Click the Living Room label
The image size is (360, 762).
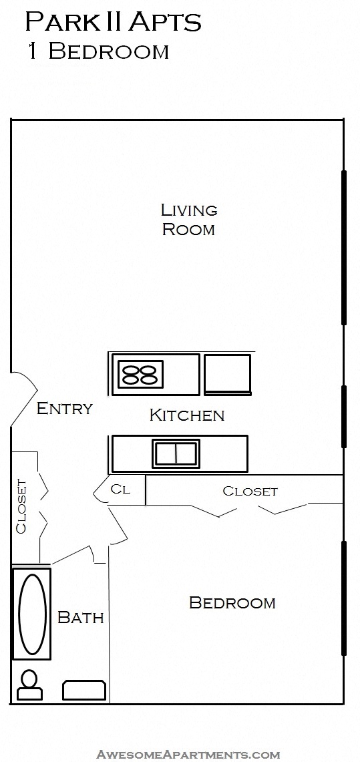coord(189,220)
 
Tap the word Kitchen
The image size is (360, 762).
coord(186,415)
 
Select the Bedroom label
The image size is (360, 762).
coord(232,602)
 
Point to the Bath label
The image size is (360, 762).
coord(81,617)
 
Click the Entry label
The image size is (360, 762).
coord(64,408)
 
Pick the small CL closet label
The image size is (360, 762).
coord(120,489)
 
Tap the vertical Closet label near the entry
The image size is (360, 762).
coord(21,506)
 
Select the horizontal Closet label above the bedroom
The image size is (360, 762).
coord(250,491)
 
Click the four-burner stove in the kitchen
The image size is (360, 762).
coord(140,374)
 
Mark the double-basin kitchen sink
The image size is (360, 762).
coord(176,453)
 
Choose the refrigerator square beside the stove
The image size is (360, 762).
coord(227,373)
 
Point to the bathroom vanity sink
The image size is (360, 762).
coord(84,690)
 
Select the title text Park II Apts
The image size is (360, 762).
coord(113,23)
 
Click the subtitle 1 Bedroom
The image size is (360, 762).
coord(98,51)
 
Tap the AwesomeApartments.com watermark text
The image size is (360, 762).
coord(188,755)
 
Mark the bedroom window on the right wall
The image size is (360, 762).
coord(344,598)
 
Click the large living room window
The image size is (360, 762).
coord(344,247)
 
